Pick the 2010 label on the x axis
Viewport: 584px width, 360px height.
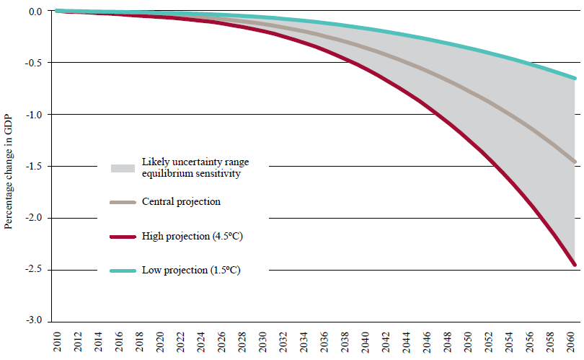[56, 341]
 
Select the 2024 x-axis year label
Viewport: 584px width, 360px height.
[201, 341]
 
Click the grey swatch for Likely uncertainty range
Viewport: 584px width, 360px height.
[123, 167]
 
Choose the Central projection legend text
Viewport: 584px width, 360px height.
[181, 202]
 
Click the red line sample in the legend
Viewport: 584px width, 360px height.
[123, 235]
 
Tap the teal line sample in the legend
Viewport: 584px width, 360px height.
[123, 270]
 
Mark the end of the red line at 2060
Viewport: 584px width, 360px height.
[575, 265]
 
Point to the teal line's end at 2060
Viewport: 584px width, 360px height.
[575, 78]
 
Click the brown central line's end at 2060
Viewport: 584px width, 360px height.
[575, 162]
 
